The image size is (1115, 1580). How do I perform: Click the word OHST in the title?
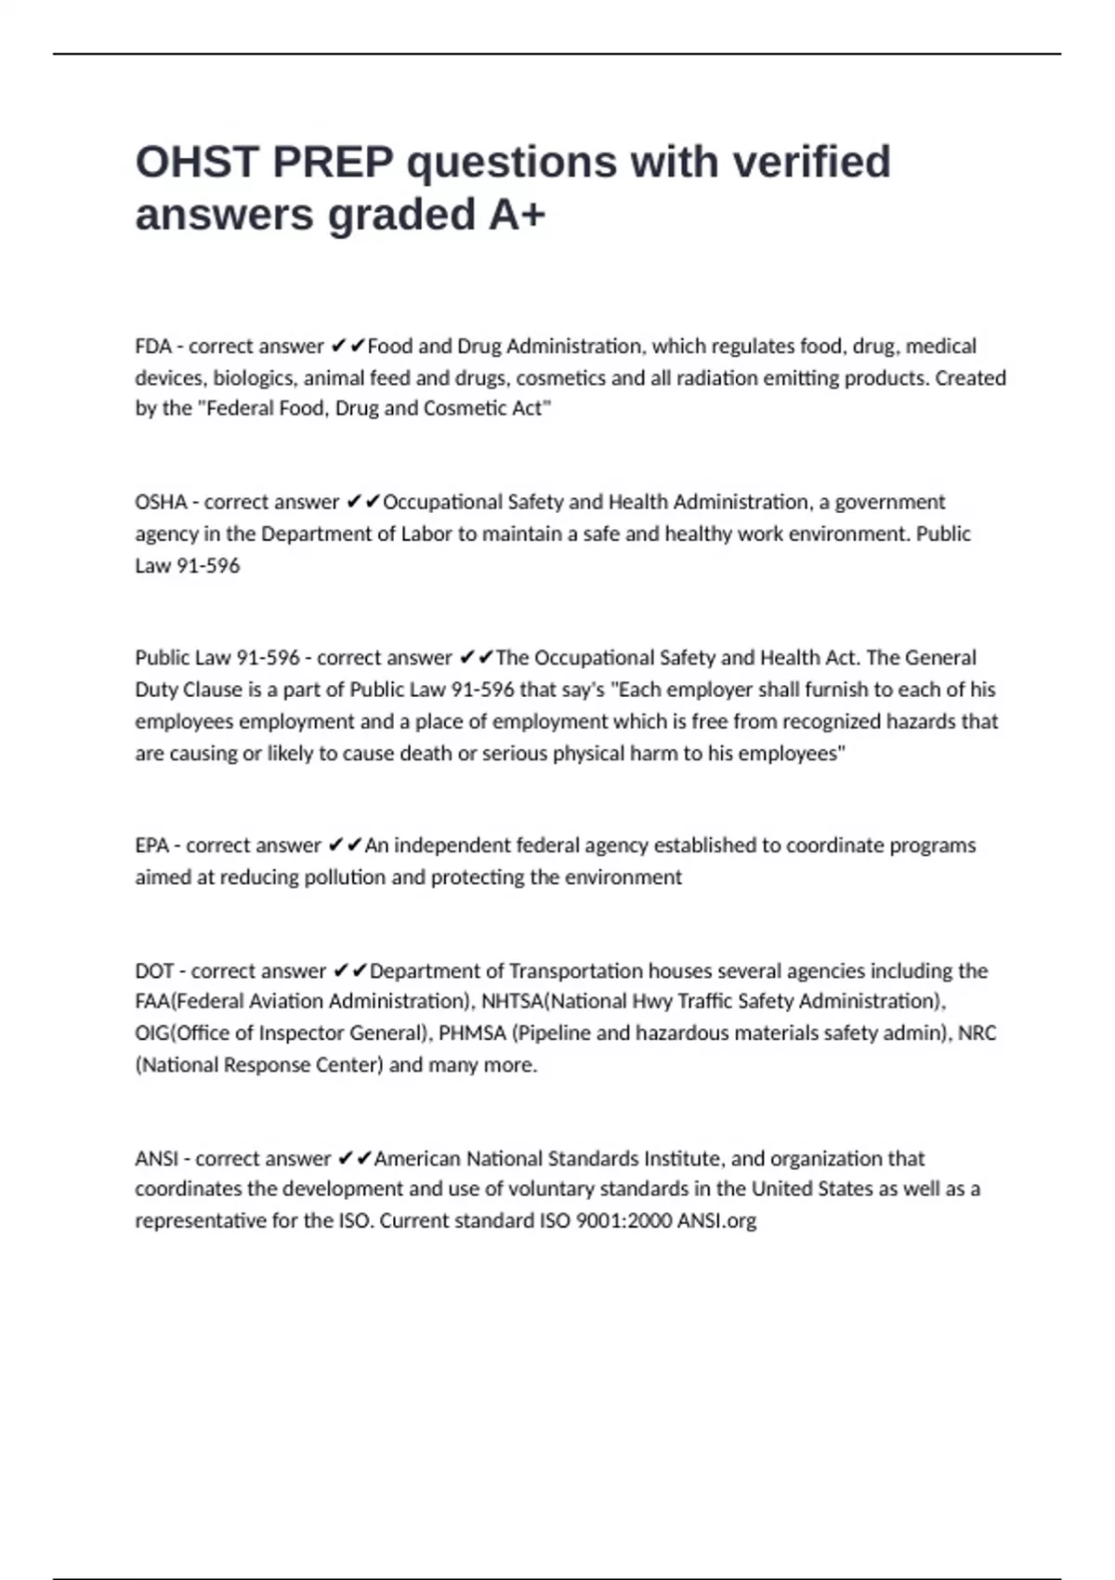point(196,163)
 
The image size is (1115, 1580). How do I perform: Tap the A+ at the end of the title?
point(517,215)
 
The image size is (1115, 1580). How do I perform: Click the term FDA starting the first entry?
point(153,347)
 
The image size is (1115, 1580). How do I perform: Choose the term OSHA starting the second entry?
point(161,503)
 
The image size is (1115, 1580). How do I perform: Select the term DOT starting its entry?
point(154,971)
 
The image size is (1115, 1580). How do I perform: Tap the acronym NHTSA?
point(511,1002)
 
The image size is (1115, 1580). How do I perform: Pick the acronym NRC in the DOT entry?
point(977,1034)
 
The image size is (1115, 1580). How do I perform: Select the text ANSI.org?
point(716,1221)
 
